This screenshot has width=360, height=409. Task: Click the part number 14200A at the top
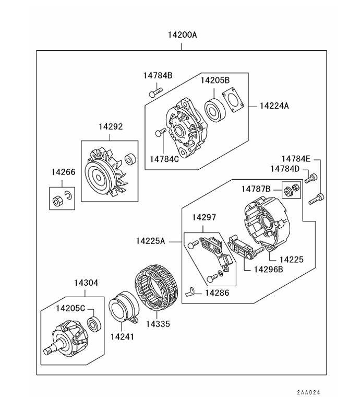point(182,36)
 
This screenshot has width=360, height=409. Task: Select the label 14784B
point(158,75)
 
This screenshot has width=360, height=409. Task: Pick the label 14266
point(63,172)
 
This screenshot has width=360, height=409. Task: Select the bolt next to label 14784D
point(309,179)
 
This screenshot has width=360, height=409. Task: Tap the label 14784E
point(296,159)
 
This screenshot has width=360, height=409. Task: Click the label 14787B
point(256,189)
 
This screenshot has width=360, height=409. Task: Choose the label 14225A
point(151,241)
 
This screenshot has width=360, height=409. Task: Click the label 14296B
point(268,270)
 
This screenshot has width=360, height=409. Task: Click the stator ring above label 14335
point(157,288)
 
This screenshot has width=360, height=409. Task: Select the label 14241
point(122,336)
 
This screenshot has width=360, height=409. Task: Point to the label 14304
point(86,283)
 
